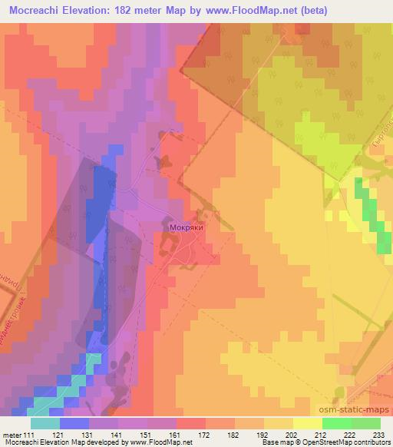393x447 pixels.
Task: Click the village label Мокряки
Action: coord(180,228)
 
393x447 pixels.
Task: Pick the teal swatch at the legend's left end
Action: coord(45,424)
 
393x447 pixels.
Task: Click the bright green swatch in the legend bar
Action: coord(335,424)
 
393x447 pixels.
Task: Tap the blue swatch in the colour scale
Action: coord(74,424)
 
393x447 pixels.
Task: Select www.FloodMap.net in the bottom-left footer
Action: coord(163,442)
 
